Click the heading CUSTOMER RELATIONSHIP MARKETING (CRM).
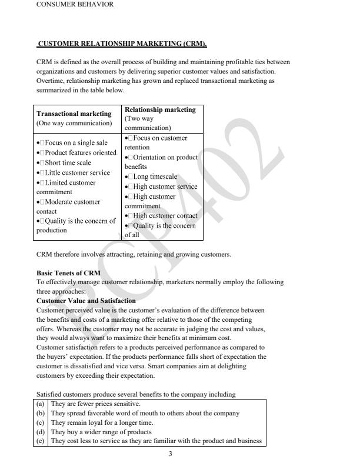pos(122,44)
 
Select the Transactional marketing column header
pos(74,114)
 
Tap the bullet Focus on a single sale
pos(72,143)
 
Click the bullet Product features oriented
pos(76,153)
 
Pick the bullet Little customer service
pos(74,173)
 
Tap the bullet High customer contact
pos(161,216)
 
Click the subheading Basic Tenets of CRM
pos(68,273)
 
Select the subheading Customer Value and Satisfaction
pos(86,301)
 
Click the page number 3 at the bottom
pos(171,454)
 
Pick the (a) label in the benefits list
pos(41,404)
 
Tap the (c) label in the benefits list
pos(41,422)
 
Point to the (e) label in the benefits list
pos(41,441)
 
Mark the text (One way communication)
pos(74,124)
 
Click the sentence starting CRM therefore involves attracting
pos(134,255)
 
